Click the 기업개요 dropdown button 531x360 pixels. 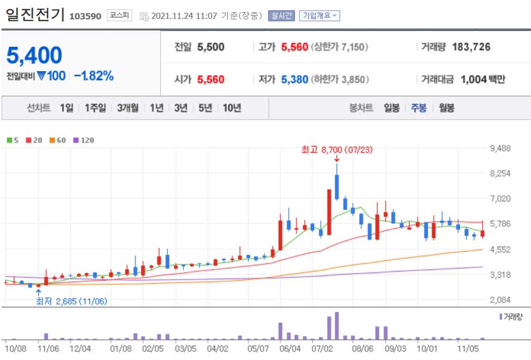click(319, 16)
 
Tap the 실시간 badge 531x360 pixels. click(282, 16)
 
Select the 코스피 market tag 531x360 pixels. click(120, 16)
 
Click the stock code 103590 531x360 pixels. click(85, 16)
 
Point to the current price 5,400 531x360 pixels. click(35, 55)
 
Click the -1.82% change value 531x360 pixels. click(94, 76)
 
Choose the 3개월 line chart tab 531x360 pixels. click(127, 108)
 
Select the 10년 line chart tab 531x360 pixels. click(232, 108)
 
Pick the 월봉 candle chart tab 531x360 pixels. click(447, 108)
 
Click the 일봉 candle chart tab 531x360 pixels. click(392, 108)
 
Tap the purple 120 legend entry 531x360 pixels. click(84, 140)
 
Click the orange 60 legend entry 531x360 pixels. click(58, 140)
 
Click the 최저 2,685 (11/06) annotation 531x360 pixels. click(71, 301)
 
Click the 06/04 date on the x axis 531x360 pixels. click(291, 349)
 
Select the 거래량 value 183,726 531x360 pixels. click(470, 47)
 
